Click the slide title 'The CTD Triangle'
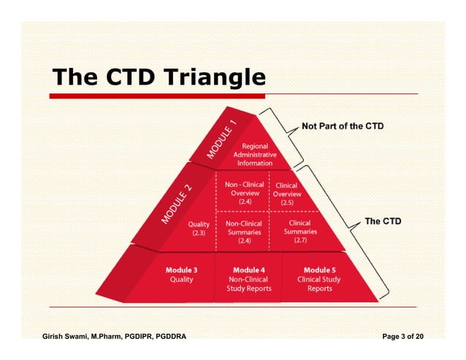click(x=157, y=77)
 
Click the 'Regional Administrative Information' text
click(x=255, y=155)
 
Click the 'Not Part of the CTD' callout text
click(x=343, y=126)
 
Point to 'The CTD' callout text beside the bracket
click(x=382, y=221)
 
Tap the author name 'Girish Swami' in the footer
click(x=69, y=337)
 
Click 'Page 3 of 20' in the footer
click(x=402, y=337)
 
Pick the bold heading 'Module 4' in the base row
click(x=248, y=269)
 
